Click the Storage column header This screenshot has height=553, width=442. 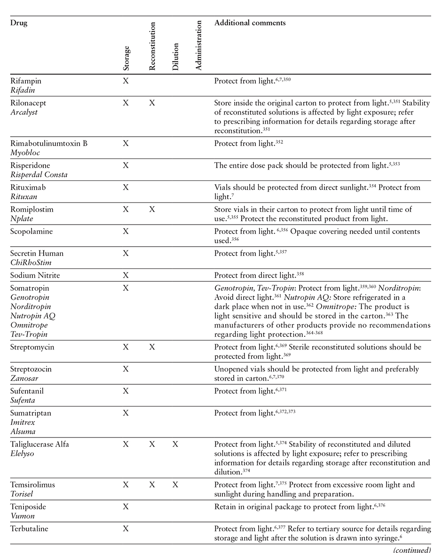(x=126, y=58)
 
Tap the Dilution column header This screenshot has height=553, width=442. (x=175, y=57)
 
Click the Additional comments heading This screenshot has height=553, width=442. (x=250, y=23)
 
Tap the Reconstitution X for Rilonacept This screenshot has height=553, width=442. (x=152, y=103)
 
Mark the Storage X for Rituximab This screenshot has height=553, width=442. (x=126, y=187)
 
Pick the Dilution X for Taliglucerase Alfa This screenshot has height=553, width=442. (x=175, y=444)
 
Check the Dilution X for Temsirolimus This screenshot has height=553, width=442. (x=175, y=485)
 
